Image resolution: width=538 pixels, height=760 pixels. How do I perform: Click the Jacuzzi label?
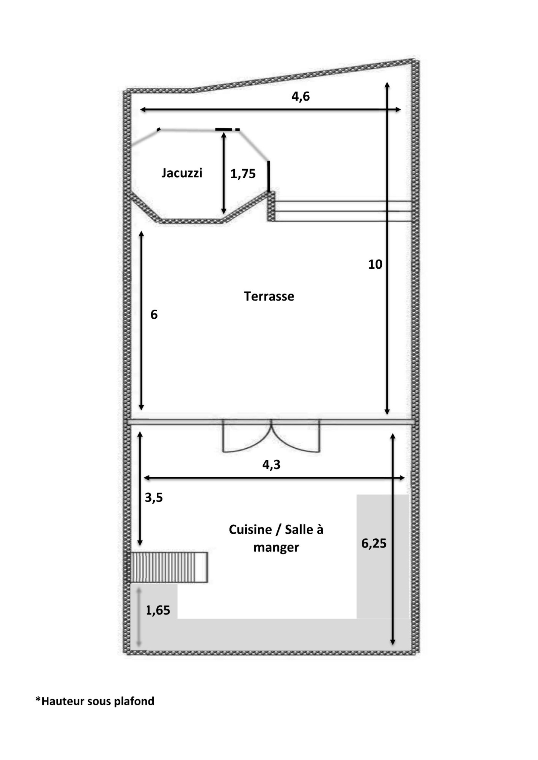(x=182, y=173)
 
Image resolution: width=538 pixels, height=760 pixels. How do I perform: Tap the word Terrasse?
(x=269, y=296)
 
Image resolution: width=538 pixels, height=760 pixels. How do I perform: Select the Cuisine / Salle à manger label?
(x=276, y=539)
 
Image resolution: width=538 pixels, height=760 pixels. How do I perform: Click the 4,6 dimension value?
(x=300, y=96)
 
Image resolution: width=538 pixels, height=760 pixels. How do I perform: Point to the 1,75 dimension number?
(x=243, y=174)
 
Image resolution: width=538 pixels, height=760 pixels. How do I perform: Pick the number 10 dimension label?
(x=375, y=264)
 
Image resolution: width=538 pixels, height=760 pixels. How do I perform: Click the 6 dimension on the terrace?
(x=154, y=314)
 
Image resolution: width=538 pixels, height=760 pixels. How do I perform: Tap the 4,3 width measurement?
(x=271, y=464)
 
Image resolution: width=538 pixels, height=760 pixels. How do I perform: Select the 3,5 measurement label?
(x=154, y=497)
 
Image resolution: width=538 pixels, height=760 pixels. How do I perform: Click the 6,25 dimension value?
(x=374, y=543)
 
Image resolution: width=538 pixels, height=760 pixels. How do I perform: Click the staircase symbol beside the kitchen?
(x=167, y=567)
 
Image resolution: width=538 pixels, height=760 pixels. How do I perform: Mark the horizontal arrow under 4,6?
(x=270, y=109)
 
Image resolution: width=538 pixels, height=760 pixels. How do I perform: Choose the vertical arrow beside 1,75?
(x=224, y=173)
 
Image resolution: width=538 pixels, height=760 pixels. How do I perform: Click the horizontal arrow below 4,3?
(x=274, y=478)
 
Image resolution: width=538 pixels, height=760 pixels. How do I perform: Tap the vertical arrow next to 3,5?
(x=140, y=489)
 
